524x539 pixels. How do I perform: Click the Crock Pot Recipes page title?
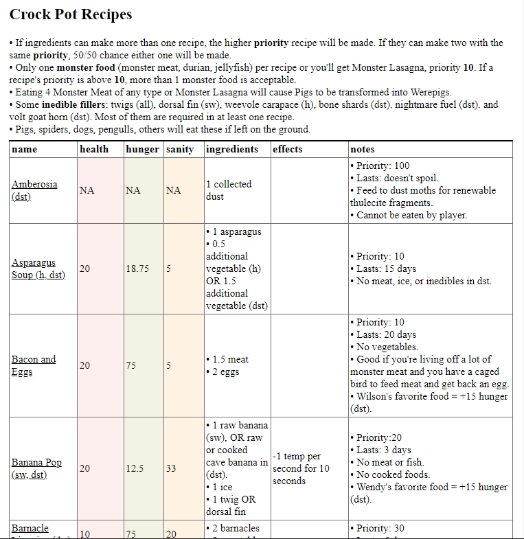click(71, 14)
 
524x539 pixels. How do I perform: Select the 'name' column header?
click(25, 149)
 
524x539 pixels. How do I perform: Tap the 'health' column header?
click(94, 149)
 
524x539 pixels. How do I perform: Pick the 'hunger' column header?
click(142, 149)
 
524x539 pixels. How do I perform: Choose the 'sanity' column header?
click(180, 149)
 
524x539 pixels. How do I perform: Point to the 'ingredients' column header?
click(232, 149)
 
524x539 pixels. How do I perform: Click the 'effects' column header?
click(287, 149)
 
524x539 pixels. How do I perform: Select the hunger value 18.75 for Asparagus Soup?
click(137, 268)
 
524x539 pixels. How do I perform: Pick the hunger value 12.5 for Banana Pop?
click(135, 468)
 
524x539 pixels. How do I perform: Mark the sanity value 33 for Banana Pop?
click(170, 468)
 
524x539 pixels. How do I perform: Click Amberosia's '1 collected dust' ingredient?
click(229, 190)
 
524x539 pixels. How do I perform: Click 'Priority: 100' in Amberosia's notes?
click(383, 165)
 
